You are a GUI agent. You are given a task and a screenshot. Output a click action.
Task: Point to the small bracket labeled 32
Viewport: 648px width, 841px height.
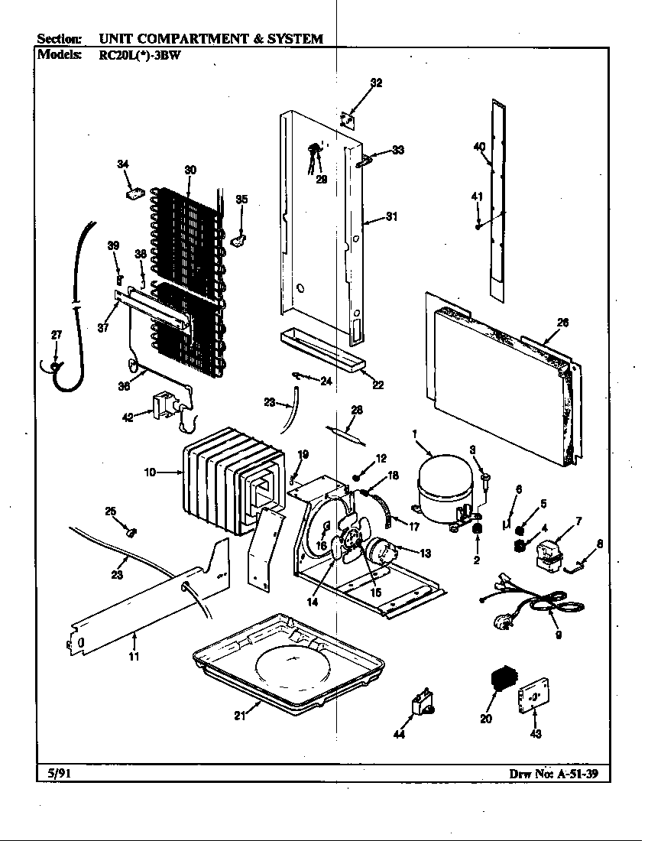click(x=348, y=119)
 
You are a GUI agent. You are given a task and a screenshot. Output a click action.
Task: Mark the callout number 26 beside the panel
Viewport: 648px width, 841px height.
click(x=562, y=323)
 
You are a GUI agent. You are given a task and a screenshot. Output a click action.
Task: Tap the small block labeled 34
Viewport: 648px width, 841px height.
click(x=135, y=194)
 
